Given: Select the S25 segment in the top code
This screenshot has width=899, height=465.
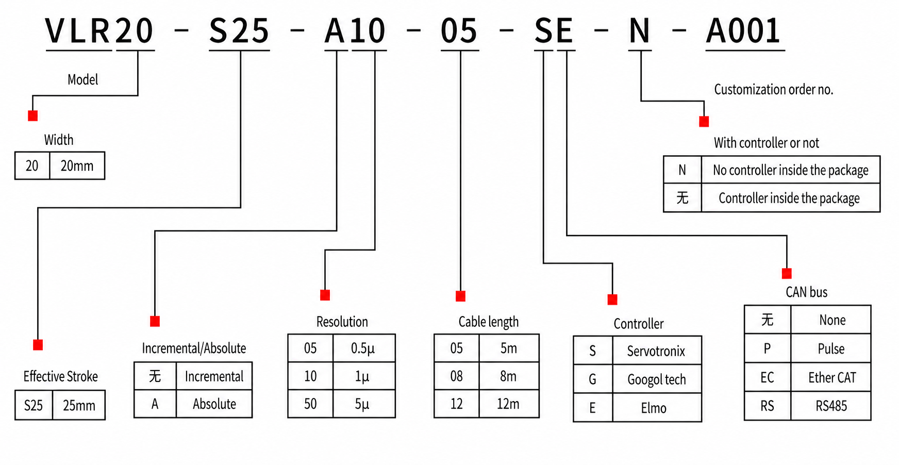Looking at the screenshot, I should (239, 31).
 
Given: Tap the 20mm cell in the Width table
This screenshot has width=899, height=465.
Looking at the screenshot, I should (77, 166).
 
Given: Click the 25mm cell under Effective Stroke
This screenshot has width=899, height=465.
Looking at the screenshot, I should (79, 406).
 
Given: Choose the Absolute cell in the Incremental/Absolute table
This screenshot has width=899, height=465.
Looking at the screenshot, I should (214, 404).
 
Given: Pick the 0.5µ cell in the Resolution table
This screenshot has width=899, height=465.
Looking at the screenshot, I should (363, 348).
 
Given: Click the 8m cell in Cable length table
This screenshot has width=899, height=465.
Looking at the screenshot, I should (508, 376).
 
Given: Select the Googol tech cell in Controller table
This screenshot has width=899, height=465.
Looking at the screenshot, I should (656, 380).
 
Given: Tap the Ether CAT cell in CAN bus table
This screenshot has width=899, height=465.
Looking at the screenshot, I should (831, 378).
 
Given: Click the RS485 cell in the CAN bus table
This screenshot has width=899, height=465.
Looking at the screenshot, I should (831, 406).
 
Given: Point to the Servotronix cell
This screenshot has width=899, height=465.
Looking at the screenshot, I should (656, 352).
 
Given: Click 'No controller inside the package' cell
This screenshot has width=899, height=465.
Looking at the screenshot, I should (790, 170).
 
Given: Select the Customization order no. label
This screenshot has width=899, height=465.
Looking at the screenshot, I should (773, 90).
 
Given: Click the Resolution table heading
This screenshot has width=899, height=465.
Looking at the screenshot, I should (342, 322).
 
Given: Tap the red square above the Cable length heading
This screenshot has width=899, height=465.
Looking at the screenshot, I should (460, 296).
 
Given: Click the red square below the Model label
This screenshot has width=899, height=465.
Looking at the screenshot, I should (33, 116).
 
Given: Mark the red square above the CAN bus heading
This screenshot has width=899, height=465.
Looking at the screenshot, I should (787, 274).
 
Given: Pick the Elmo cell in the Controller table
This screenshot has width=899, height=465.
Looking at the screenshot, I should (654, 408).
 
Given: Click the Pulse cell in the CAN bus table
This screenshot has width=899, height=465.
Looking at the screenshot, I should (831, 349).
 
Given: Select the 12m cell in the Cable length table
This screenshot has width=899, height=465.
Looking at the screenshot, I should (508, 404).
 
